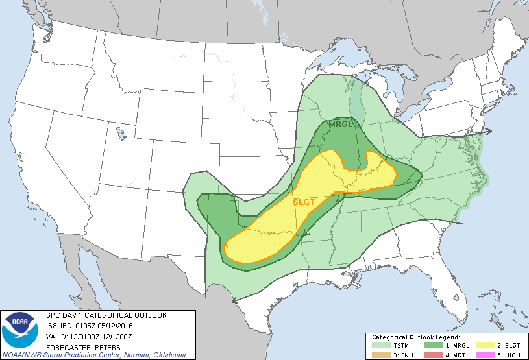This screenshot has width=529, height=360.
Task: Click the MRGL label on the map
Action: (341, 124)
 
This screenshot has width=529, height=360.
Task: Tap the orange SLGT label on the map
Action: (304, 202)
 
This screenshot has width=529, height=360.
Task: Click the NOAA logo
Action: (20, 330)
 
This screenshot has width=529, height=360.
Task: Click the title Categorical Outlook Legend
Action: (415, 337)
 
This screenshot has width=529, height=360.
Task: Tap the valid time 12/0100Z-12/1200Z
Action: (101, 335)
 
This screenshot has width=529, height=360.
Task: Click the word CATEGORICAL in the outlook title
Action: (107, 315)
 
